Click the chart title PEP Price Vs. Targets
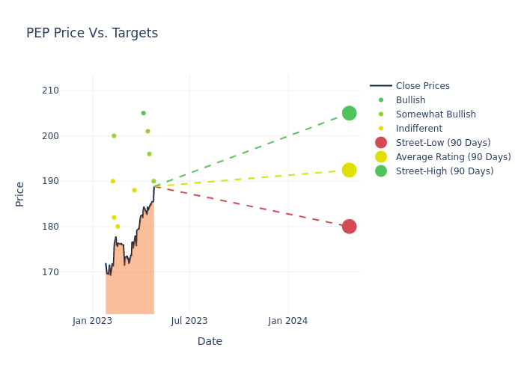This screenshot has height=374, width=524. [92, 33]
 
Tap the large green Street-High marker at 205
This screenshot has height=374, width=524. [349, 113]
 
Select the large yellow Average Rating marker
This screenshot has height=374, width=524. [349, 170]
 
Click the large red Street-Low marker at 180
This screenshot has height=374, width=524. [349, 227]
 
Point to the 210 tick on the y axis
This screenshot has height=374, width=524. [71, 91]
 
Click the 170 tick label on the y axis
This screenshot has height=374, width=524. [71, 272]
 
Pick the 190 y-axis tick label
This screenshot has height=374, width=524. [71, 181]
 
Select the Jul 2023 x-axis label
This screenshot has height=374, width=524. [189, 321]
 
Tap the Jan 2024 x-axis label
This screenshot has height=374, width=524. [287, 321]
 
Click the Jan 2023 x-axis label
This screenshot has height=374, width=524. [92, 321]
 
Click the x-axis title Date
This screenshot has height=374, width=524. [210, 342]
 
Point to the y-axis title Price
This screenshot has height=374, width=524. [20, 194]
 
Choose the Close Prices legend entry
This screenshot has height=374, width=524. [422, 86]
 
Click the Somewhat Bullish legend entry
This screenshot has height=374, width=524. [436, 114]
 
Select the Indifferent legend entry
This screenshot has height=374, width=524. [418, 129]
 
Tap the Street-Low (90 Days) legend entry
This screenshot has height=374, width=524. [443, 143]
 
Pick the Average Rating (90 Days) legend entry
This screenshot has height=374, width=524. [453, 157]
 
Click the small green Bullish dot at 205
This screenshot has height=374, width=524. [143, 113]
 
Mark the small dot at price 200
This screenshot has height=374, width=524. [114, 136]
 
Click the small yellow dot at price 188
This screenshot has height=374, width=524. [135, 190]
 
